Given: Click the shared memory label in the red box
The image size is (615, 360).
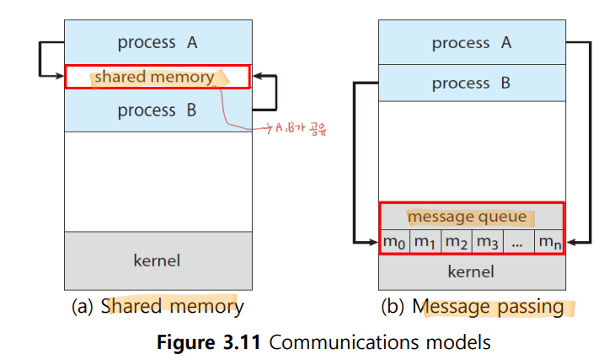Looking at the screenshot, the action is [154, 77].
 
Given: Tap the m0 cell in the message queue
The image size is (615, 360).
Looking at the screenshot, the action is [394, 241].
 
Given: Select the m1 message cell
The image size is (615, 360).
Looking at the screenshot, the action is [425, 241].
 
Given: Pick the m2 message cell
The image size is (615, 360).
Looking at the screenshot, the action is [457, 241].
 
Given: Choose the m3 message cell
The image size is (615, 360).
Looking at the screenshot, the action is [488, 241].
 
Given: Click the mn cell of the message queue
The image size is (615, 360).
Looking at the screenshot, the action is [549, 241].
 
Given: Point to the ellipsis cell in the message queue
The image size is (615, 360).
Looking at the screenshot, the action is [518, 241].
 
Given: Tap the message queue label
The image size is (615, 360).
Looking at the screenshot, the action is [467, 218].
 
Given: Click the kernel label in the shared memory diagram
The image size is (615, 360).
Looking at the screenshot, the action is [157, 261].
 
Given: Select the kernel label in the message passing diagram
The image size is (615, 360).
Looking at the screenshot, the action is [471, 271].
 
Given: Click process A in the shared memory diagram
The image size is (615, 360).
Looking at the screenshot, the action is [158, 42].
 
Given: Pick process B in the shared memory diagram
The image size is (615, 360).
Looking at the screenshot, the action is [157, 110].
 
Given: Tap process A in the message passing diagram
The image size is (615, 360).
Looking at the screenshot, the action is [472, 43].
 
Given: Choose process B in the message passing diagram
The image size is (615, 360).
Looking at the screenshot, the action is [471, 83].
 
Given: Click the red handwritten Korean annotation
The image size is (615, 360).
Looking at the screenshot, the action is [301, 128].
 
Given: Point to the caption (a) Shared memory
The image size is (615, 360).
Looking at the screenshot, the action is [158, 307].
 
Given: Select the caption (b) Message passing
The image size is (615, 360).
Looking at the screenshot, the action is [473, 307].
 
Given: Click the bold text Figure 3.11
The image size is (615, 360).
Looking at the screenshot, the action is [209, 342].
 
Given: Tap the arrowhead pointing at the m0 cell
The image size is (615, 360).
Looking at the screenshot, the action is [374, 242].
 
